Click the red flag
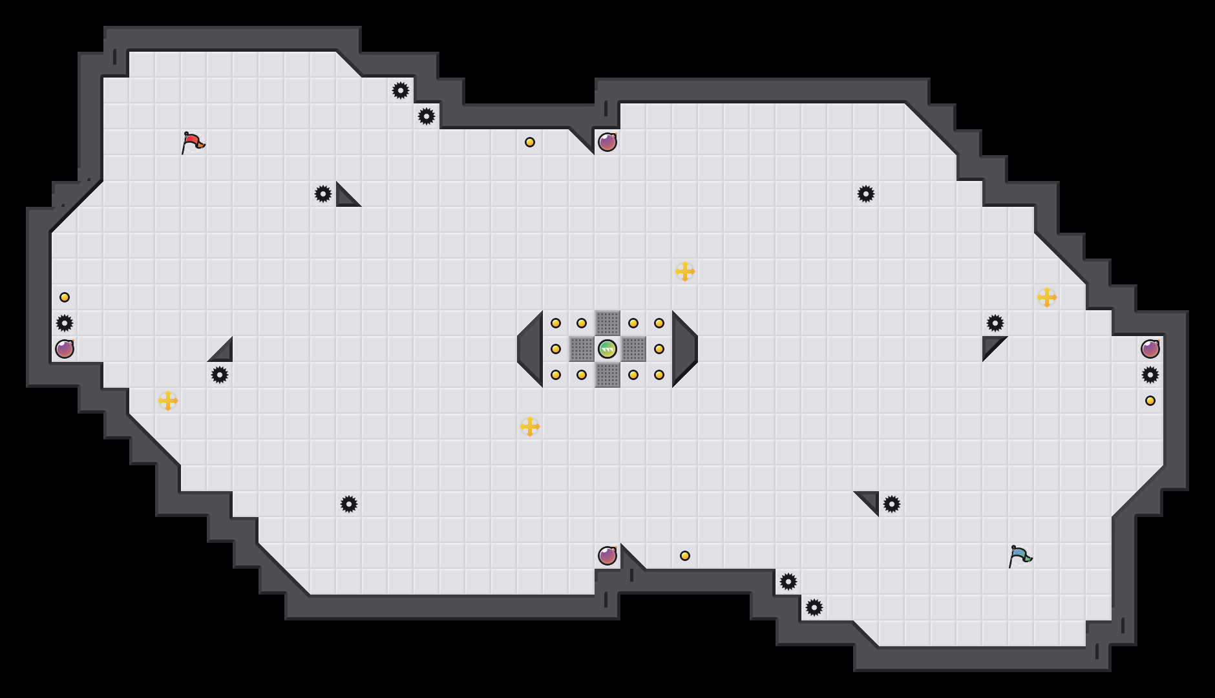click(x=193, y=142)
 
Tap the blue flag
click(x=1020, y=555)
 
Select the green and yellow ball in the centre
click(x=607, y=349)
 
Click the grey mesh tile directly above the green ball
click(x=607, y=323)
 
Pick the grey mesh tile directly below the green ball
click(x=607, y=375)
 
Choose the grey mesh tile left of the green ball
click(x=582, y=349)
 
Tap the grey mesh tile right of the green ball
click(x=633, y=349)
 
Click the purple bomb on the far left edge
click(x=65, y=349)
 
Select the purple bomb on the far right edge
click(x=1150, y=349)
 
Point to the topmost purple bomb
click(x=607, y=142)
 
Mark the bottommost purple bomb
click(x=607, y=556)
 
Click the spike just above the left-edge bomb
click(x=65, y=323)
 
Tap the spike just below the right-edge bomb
click(x=1150, y=375)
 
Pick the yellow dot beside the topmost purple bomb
click(x=530, y=142)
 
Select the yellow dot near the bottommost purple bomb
click(x=685, y=556)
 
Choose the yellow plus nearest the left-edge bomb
click(x=168, y=401)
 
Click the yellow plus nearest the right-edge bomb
click(x=1047, y=297)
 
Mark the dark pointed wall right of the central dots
click(x=683, y=349)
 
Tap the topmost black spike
click(x=401, y=90)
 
